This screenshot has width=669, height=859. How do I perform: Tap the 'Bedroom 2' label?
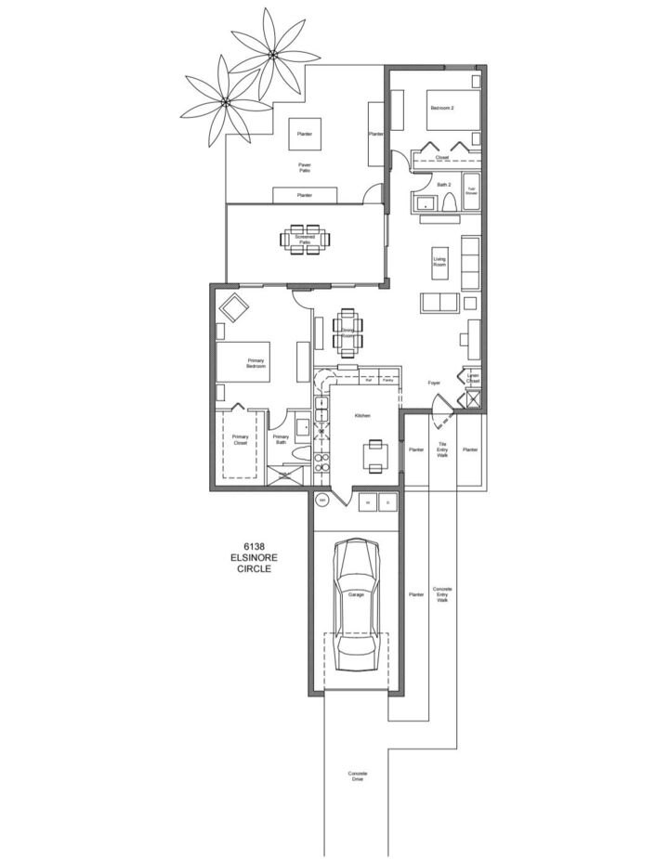(440, 109)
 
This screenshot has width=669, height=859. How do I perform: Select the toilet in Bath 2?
(450, 205)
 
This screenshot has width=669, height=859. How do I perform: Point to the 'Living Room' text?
(440, 263)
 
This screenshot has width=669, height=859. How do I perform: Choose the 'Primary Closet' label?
(240, 439)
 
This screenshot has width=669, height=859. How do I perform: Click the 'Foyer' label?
(433, 382)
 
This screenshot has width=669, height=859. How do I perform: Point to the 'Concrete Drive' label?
(358, 776)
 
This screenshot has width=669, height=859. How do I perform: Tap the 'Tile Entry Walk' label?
(442, 450)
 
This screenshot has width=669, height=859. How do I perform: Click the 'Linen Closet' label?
(473, 379)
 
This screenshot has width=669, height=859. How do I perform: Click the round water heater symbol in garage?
(322, 500)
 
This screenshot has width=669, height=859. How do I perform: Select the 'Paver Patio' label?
(304, 168)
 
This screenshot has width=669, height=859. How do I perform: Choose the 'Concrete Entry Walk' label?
(443, 594)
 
